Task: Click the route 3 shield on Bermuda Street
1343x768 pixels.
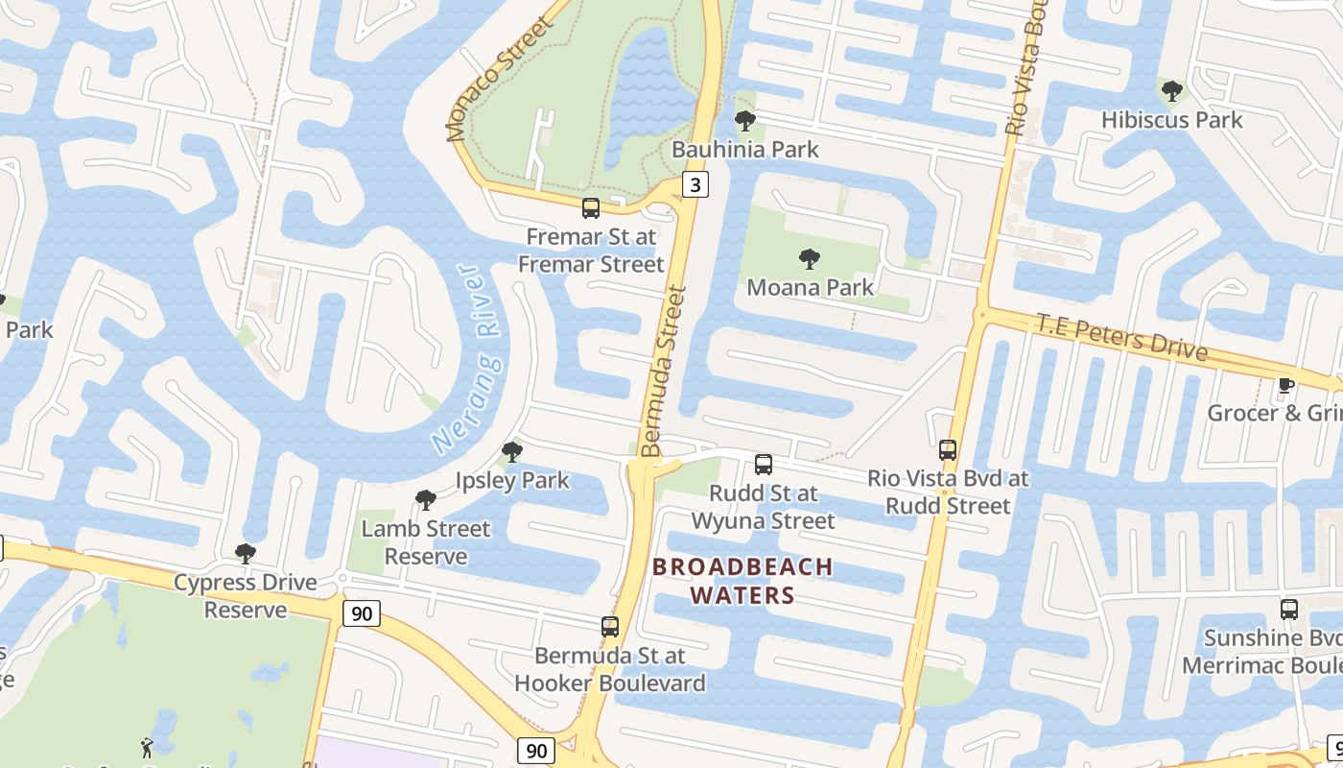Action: click(x=695, y=184)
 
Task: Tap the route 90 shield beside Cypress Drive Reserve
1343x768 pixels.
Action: click(x=361, y=613)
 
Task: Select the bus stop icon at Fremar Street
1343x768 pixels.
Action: click(x=591, y=208)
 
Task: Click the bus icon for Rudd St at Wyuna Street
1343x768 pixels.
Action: click(x=764, y=465)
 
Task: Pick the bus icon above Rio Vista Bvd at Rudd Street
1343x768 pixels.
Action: click(x=948, y=449)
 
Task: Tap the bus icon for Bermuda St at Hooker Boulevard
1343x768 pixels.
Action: click(x=610, y=628)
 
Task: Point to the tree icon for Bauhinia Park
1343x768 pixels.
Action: click(x=744, y=121)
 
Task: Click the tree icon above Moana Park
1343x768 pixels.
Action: click(x=810, y=259)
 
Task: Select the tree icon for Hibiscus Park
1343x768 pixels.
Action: click(x=1171, y=92)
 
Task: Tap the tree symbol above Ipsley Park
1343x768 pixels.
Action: click(x=512, y=452)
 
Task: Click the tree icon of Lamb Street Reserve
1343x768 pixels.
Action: click(x=425, y=500)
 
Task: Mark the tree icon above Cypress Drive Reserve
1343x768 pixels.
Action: click(x=246, y=554)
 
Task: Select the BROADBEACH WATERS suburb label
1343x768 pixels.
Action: click(x=742, y=581)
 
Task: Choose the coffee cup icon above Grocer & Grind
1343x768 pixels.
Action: click(x=1285, y=386)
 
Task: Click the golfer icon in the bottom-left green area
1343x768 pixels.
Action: click(x=146, y=748)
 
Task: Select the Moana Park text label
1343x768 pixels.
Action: click(x=811, y=287)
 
